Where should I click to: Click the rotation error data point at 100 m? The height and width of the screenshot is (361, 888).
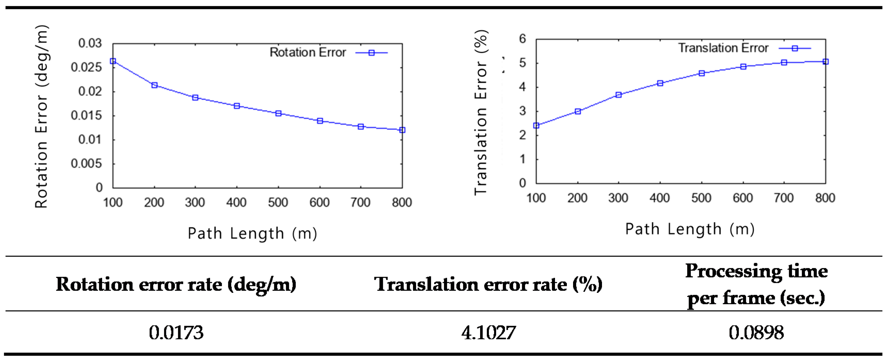tap(113, 61)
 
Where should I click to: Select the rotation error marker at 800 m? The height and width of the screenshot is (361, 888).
tap(402, 130)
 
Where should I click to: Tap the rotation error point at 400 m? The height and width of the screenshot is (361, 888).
tap(237, 106)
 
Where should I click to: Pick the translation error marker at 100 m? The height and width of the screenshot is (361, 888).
tap(536, 125)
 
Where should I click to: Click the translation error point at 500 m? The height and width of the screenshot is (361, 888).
tap(702, 73)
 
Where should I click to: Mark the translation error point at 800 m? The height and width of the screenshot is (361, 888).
tap(825, 62)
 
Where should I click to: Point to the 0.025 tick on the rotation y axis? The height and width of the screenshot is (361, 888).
tap(86, 67)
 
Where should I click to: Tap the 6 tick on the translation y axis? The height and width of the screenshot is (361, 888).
tap(522, 39)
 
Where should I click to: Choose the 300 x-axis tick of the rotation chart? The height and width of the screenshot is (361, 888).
tap(195, 202)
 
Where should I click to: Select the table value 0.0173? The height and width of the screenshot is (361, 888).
tap(176, 333)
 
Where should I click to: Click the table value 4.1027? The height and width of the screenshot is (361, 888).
tap(488, 333)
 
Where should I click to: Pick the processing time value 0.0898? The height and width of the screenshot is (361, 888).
tap(756, 333)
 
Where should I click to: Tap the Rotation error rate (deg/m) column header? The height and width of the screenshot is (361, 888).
tap(176, 284)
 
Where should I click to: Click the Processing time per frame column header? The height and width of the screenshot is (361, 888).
tap(756, 284)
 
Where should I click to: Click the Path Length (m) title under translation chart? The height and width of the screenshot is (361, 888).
tap(690, 229)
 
